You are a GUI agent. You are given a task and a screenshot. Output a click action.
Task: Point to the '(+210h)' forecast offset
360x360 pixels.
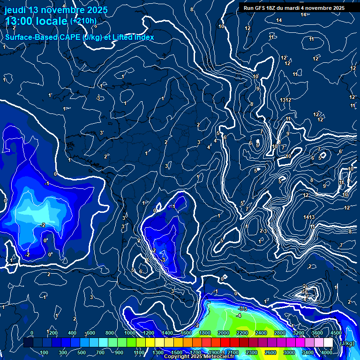pos(83,21)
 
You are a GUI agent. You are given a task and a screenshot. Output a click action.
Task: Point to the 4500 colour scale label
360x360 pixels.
pos(336,333)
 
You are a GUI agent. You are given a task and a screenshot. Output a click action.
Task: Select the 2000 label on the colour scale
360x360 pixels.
pos(223,333)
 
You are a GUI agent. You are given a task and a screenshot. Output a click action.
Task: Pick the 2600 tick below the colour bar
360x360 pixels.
pos(270,352)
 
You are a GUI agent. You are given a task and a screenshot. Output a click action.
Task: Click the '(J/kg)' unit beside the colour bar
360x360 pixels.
pos(347,343)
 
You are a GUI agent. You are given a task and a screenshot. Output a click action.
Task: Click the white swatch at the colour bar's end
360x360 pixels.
pos(328,343)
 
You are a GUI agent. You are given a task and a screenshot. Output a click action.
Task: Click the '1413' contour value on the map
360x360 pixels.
pos(308,217)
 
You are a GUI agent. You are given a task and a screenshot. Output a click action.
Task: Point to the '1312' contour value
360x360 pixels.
pos(285,100)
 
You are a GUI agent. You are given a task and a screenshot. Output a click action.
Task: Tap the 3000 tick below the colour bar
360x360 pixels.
pos(289,352)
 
